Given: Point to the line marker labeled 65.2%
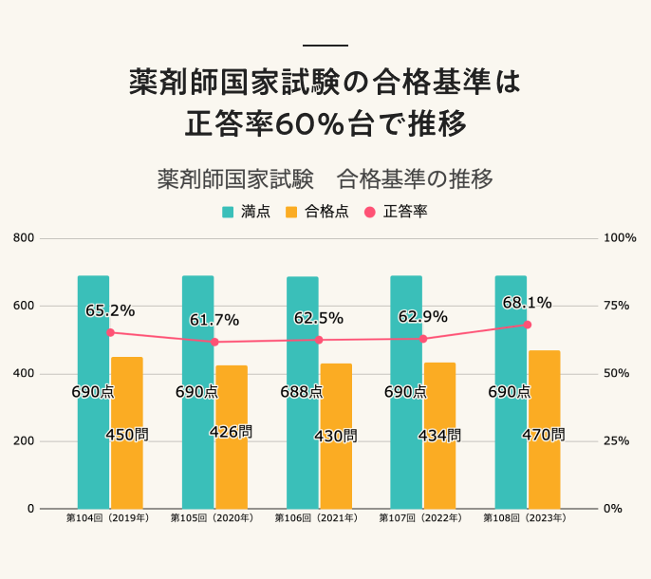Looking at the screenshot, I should [110, 332].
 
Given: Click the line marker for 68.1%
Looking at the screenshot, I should [528, 325].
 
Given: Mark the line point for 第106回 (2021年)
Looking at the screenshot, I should [319, 340].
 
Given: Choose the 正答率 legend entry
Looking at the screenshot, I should [396, 212].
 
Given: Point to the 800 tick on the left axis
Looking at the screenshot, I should [24, 238].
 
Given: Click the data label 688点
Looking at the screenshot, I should [301, 392].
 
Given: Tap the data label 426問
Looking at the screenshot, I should [231, 433].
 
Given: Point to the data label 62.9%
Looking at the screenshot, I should [422, 317].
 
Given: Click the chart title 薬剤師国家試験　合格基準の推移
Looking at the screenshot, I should [325, 178].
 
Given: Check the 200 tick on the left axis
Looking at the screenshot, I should [24, 441].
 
